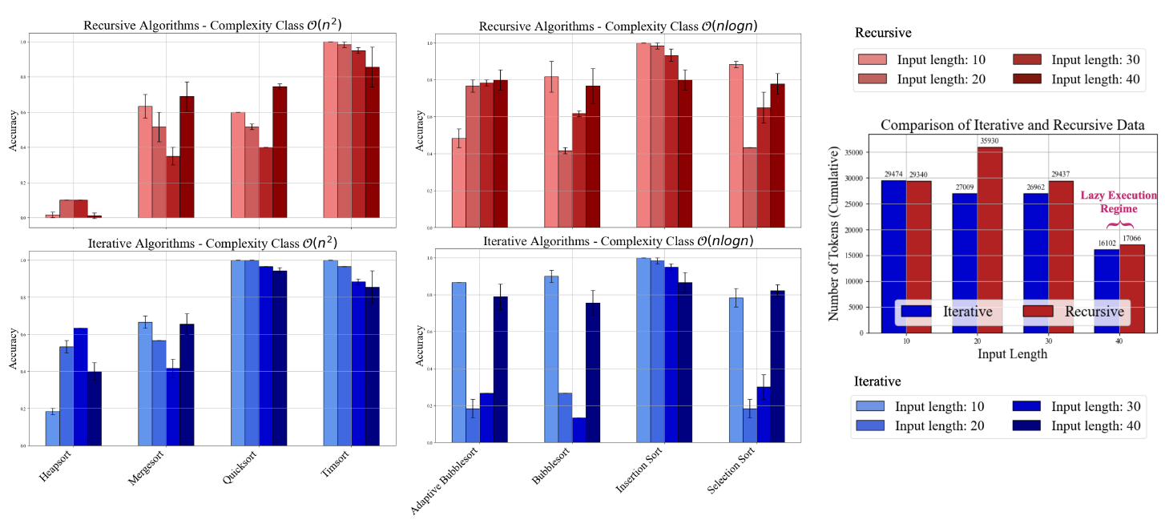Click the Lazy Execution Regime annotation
[x=1119, y=200]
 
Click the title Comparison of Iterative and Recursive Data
[x=1013, y=125]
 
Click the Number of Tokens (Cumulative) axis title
[x=834, y=233]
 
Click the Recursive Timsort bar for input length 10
[x=330, y=129]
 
